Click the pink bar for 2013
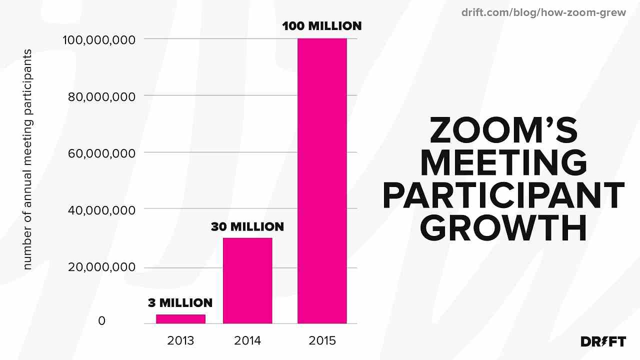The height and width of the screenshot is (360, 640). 180,319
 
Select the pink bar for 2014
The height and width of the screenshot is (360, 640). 247,280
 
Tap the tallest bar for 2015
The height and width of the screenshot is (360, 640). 322,181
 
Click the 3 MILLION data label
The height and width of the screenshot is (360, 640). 180,303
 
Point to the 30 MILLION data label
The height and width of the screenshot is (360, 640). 247,227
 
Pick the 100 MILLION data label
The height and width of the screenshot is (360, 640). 321,26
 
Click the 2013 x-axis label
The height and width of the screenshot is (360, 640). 180,340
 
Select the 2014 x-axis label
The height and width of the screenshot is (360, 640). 247,340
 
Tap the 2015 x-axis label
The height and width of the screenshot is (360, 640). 322,340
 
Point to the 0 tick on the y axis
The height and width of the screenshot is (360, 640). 101,321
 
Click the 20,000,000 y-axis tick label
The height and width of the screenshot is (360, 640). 101,267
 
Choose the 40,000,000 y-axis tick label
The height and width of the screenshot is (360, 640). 101,210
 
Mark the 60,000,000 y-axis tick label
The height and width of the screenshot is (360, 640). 101,153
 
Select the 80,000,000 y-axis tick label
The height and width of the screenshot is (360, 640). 101,97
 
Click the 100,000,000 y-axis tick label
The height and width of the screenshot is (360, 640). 99,40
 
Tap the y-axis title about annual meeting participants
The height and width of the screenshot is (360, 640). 27,159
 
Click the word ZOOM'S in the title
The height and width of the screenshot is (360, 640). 503,130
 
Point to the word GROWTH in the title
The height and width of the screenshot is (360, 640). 503,228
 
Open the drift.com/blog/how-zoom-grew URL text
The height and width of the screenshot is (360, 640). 543,12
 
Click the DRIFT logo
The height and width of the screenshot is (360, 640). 603,341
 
